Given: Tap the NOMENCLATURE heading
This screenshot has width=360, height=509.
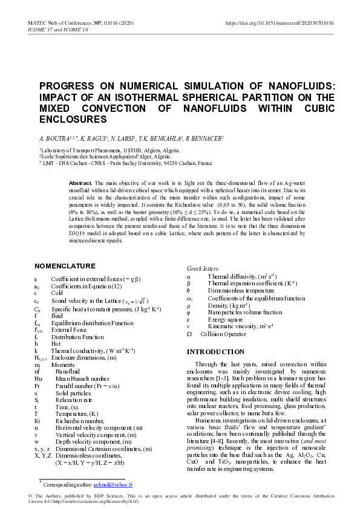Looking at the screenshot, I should tap(65, 266).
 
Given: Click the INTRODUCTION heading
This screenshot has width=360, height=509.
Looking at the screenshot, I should tap(215, 352).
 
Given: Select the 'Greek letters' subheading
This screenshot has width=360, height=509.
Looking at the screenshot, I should tap(203, 268).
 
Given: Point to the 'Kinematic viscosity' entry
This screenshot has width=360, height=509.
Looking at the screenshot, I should tap(240, 326).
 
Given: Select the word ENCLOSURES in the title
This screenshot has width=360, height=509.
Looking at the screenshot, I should tap(69, 120).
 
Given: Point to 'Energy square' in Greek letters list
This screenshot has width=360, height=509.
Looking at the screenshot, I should tap(225, 319).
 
